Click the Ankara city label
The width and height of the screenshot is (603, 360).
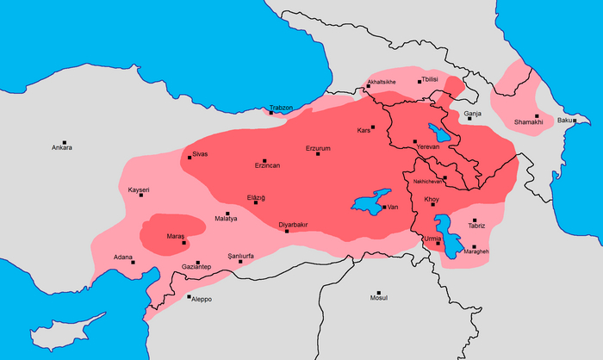coord(61,147)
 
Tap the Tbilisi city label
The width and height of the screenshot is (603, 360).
coord(431,79)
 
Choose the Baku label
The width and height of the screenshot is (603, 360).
coord(565,120)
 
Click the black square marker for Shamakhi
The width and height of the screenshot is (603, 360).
coord(536,116)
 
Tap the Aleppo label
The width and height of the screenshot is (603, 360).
coord(201,299)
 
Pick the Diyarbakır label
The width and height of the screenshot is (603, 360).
coord(294,225)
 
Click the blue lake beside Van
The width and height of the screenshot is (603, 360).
coord(368,203)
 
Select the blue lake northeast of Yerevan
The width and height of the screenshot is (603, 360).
coord(440,133)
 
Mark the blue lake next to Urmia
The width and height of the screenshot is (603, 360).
coord(446,233)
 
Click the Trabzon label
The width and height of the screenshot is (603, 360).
coord(281,107)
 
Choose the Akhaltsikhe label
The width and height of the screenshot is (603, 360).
coord(382,82)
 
